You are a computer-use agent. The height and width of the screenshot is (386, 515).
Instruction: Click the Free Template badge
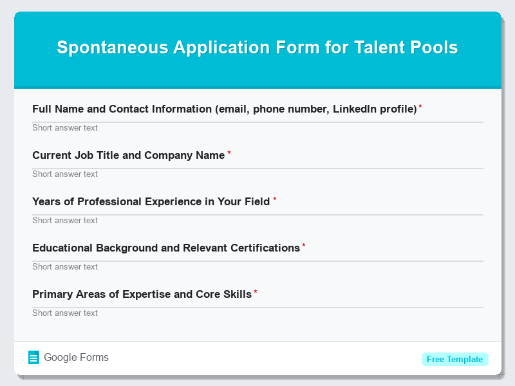[454, 359]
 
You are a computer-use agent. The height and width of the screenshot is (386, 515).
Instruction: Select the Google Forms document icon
[34, 358]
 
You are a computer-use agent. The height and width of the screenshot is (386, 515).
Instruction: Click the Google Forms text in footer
[76, 358]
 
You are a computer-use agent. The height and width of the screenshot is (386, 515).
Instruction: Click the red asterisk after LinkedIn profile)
[421, 107]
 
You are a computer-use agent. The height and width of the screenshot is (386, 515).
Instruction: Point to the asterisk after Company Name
[229, 153]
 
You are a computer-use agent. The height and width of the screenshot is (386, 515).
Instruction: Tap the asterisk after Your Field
[275, 199]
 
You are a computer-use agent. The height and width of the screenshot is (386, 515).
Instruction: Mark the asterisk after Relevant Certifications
[304, 246]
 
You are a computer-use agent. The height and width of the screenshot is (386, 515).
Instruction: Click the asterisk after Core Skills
[256, 292]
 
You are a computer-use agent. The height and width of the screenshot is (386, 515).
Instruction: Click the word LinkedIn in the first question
[355, 109]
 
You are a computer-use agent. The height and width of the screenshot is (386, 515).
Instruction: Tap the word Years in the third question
[46, 202]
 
